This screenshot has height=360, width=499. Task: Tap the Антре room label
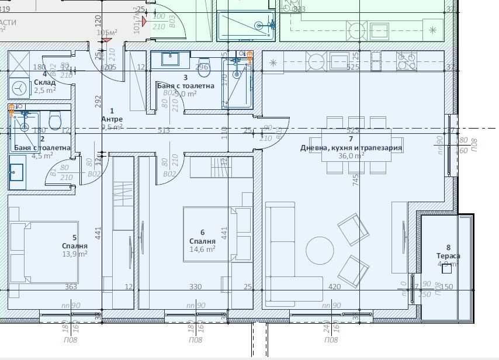click(112, 119)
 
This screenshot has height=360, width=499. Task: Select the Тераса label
click(448, 256)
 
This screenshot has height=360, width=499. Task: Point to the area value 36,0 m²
click(351, 156)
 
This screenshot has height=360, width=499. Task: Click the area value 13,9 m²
click(75, 254)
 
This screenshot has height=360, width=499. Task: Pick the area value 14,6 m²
click(202, 249)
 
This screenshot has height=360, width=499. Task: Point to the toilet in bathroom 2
click(55, 120)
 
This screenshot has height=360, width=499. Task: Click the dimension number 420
click(334, 287)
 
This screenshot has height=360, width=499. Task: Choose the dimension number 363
click(71, 287)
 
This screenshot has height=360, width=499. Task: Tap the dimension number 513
click(164, 130)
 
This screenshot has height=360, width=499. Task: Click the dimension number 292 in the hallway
click(99, 101)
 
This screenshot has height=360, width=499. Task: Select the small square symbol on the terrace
click(447, 269)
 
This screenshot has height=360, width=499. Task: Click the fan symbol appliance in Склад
click(20, 88)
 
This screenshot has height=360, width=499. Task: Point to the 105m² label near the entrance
click(106, 33)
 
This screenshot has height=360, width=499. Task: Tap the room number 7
click(351, 139)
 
